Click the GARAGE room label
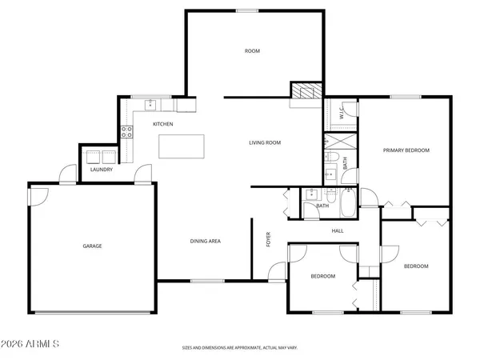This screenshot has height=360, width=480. coord(92,246)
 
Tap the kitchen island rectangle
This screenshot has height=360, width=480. coord(182,147)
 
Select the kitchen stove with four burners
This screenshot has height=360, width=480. coord(126,132)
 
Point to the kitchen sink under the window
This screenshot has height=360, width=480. coord(150,104)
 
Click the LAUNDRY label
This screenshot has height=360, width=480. coord(101,170)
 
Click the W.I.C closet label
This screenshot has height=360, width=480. coord(341,114)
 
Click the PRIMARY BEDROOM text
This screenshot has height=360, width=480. coord(406,150)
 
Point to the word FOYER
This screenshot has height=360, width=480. coord(268,239)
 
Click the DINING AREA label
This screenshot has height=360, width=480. coord(205,241)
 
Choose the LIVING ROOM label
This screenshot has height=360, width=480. coord(264,142)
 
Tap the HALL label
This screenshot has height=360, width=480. coord(338,230)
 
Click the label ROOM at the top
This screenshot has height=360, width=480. coord(252,51)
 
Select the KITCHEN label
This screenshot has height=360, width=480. coord(163,124)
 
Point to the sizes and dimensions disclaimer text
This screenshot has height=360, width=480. coord(239,349)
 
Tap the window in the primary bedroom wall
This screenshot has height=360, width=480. coord(406,97)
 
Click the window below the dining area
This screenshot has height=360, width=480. coord(207,281)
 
